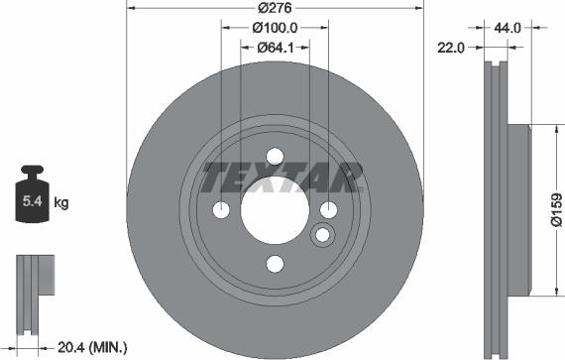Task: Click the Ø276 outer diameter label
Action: pos(275,8)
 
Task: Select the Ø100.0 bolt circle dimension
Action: pos(275,28)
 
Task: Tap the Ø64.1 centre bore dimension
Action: pos(275,47)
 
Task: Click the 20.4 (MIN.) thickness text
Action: pos(93,347)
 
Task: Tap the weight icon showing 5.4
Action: pos(33,198)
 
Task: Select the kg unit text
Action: pos(61,203)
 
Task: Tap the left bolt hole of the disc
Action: pos(222,210)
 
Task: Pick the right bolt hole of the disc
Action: pos(328,209)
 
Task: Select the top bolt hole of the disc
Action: pos(275,157)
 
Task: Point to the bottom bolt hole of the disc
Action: pos(275,264)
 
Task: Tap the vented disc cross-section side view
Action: pos(496,208)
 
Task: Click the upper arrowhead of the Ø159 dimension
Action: pos(551,132)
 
